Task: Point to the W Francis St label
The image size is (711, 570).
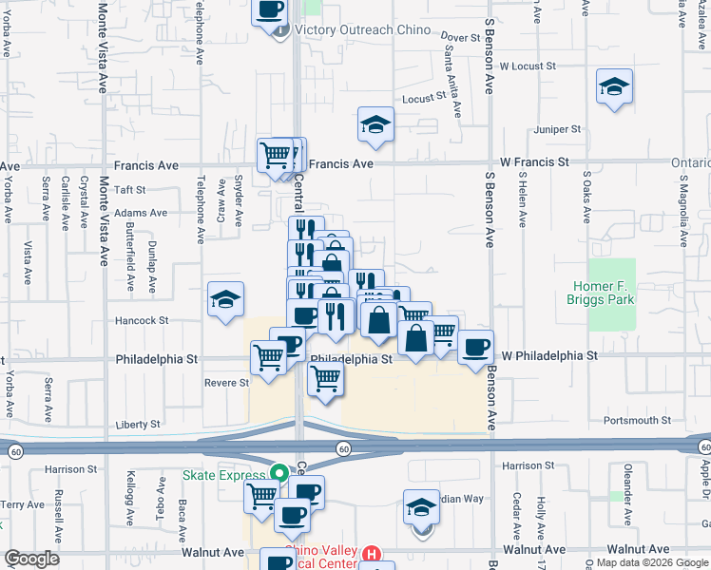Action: [x=534, y=162]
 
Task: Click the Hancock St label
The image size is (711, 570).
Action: [x=142, y=321]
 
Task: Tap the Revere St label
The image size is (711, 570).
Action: [x=226, y=383]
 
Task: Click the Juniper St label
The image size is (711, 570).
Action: [x=558, y=128]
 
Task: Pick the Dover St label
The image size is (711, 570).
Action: [x=460, y=37]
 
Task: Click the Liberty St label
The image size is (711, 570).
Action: [x=138, y=424]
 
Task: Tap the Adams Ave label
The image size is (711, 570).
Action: [x=140, y=214]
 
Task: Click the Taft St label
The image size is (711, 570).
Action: [x=128, y=190]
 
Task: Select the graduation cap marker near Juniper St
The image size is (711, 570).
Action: [x=615, y=87]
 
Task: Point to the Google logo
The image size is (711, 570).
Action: [x=32, y=559]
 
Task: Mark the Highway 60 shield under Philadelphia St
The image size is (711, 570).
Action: [x=343, y=447]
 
